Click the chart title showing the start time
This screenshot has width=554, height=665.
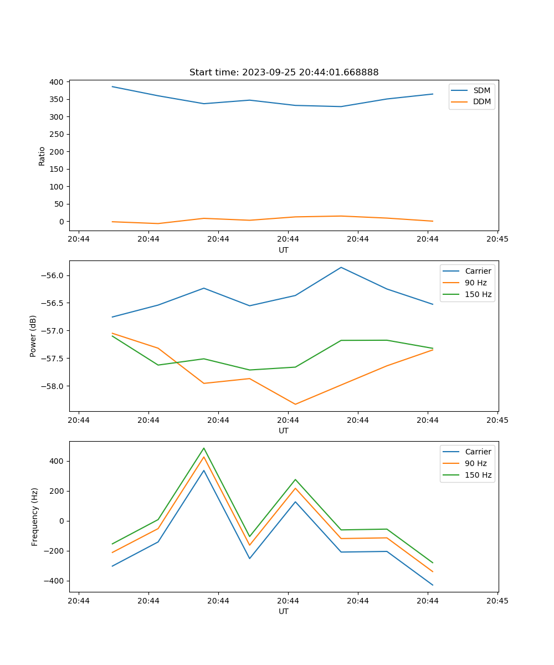284,73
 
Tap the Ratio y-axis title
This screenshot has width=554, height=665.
42,156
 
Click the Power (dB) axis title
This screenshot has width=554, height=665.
33,336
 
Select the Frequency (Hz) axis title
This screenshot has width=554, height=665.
34,516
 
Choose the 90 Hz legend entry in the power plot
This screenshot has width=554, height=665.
475,283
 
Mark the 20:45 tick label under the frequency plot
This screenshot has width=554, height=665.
497,601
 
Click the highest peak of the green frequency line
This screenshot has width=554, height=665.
204,448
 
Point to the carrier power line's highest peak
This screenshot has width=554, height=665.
341,268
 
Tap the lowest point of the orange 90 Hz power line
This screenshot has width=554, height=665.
295,404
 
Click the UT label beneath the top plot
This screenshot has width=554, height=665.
284,250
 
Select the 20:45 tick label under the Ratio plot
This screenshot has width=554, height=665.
497,239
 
